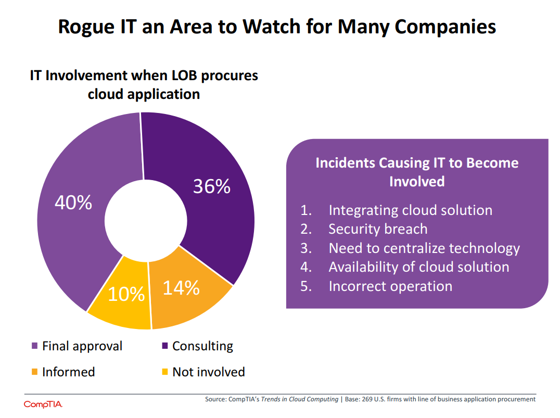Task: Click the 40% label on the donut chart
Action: click(x=73, y=203)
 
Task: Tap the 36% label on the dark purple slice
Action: click(x=211, y=186)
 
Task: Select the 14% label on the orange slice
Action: click(x=181, y=287)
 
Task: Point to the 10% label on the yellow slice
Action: click(x=126, y=295)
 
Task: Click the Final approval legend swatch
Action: click(x=35, y=346)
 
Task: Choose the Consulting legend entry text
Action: click(x=202, y=346)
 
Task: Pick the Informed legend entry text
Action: click(x=68, y=372)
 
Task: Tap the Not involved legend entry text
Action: click(x=208, y=372)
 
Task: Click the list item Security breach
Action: click(x=378, y=229)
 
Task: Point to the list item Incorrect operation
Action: click(x=390, y=286)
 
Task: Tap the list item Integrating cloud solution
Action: click(x=410, y=210)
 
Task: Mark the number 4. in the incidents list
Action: click(x=306, y=267)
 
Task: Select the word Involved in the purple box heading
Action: click(x=417, y=181)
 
